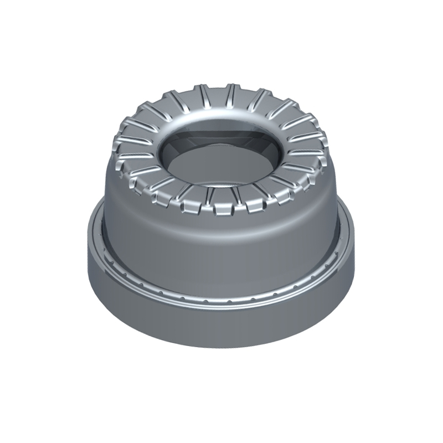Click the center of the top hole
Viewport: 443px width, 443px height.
221,152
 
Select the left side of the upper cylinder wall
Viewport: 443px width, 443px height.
114,210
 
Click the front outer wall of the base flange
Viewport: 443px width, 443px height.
221,332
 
